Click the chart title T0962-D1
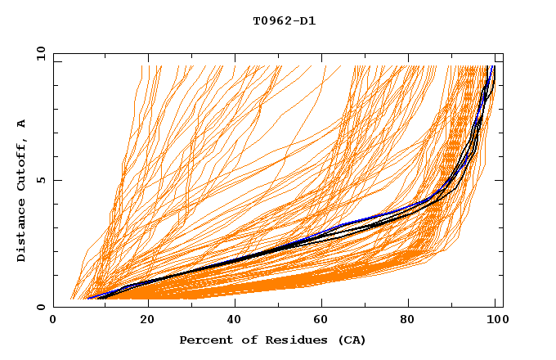(284, 20)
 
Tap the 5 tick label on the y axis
(40, 180)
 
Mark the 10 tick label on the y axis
(37, 53)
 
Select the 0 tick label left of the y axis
(40, 307)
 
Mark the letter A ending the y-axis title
(21, 124)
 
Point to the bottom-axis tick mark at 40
(231, 304)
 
